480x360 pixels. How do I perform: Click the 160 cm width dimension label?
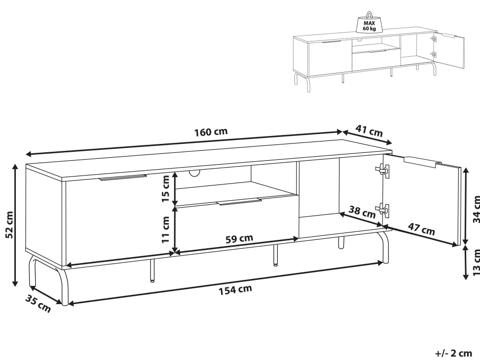click(x=211, y=132)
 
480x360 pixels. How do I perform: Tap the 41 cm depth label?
click(x=369, y=131)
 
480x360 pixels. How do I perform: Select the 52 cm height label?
click(x=9, y=225)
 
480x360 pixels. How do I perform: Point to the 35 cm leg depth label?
click(x=38, y=304)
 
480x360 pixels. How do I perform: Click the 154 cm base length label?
click(x=235, y=289)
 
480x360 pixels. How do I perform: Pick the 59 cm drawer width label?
click(x=240, y=238)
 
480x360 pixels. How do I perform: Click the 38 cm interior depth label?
click(x=362, y=212)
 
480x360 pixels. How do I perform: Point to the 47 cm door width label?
click(x=422, y=229)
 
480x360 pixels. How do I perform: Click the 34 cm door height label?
click(x=476, y=209)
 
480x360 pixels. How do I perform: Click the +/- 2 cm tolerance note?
click(x=454, y=353)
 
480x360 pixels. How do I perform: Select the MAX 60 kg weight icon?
click(x=370, y=22)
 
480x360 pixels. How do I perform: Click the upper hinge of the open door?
click(x=383, y=170)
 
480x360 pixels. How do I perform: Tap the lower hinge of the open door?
click(x=383, y=211)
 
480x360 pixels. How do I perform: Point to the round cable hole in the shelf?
click(x=194, y=173)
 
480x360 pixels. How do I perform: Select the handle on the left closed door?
click(x=123, y=178)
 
